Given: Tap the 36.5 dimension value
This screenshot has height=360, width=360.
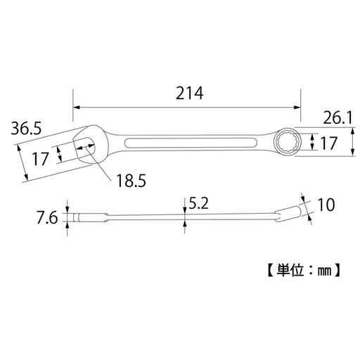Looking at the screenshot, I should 27,129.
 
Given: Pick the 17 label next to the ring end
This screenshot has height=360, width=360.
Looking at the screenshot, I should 328,143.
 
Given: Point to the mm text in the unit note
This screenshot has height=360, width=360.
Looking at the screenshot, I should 326,269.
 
